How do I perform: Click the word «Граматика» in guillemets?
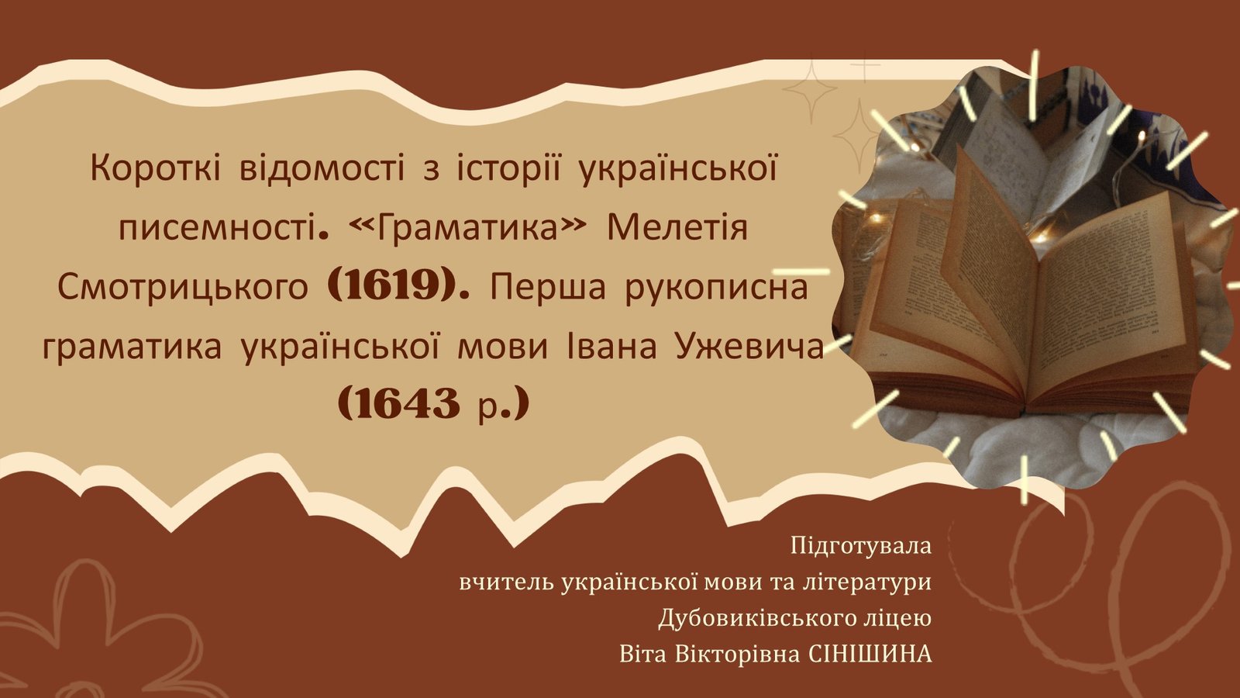[469, 228]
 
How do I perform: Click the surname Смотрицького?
[183, 288]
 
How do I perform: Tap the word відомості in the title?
[322, 168]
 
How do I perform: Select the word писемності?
[219, 228]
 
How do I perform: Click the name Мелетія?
[677, 228]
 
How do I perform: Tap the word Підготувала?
[861, 547]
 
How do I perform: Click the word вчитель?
[507, 582]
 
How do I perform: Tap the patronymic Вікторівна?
[737, 655]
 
